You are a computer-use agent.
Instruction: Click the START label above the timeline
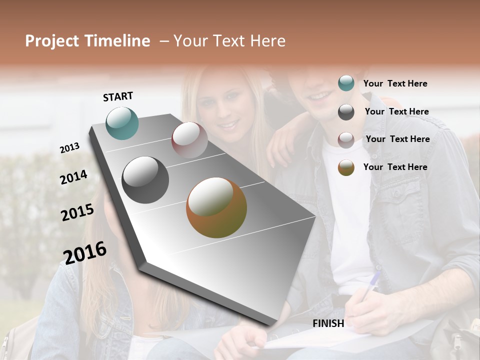click(118, 96)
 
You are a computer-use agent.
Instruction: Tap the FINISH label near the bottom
click(328, 323)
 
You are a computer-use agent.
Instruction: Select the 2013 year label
click(69, 148)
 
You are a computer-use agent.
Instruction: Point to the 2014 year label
click(73, 177)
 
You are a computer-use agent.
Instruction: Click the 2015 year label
click(77, 212)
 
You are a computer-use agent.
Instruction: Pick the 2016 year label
click(85, 252)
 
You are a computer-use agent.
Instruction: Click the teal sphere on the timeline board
click(122, 123)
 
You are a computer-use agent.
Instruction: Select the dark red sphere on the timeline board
click(189, 140)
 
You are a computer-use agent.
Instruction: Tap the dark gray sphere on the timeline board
click(145, 180)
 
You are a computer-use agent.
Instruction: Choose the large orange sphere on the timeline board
click(216, 207)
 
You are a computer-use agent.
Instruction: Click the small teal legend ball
click(346, 83)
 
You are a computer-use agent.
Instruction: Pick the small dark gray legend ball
click(346, 112)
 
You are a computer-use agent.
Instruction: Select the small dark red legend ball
click(346, 140)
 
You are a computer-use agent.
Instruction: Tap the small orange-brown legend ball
click(346, 167)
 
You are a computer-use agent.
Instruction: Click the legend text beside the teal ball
click(395, 83)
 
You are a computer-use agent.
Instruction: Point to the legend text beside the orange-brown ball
click(395, 167)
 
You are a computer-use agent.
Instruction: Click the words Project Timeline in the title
click(87, 41)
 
